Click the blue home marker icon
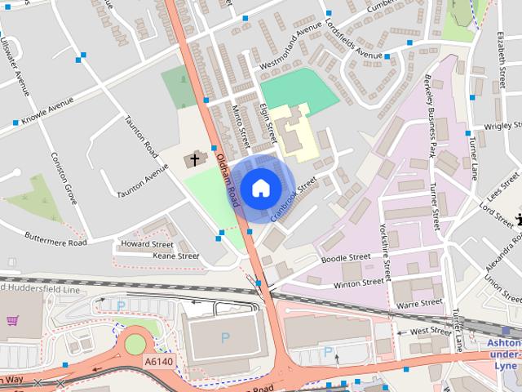coord(260,188)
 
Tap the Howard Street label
coord(147,244)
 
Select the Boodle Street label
coord(346,257)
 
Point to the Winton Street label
coord(359,283)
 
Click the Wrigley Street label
coord(502,127)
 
